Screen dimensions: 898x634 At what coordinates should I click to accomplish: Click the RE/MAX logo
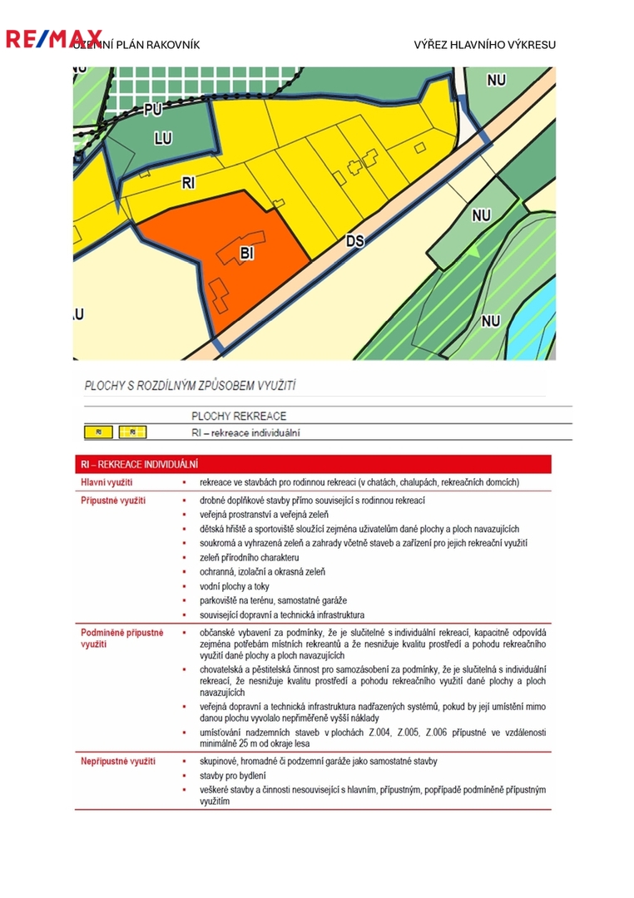[53, 38]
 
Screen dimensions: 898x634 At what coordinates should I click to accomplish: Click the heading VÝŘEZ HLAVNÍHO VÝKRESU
[484, 45]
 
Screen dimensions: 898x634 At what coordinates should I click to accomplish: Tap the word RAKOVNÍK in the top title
[172, 45]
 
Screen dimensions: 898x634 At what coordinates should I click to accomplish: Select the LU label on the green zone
[162, 139]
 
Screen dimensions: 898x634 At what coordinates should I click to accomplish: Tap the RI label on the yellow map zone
[188, 183]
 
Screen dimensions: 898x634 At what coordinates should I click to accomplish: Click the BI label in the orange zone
[246, 252]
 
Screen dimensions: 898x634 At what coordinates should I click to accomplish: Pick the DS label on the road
[355, 241]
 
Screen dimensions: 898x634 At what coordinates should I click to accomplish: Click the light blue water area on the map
[541, 299]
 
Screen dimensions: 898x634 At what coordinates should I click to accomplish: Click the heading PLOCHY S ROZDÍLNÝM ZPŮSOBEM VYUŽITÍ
[191, 386]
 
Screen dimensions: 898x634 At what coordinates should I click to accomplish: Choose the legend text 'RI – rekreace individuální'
[245, 432]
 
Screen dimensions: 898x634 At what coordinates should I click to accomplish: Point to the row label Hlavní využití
[106, 482]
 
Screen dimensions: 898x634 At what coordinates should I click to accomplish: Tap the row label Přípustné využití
[112, 501]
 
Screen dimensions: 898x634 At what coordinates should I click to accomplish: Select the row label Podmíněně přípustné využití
[121, 638]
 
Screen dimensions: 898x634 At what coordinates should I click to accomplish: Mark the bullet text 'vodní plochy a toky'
[240, 586]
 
